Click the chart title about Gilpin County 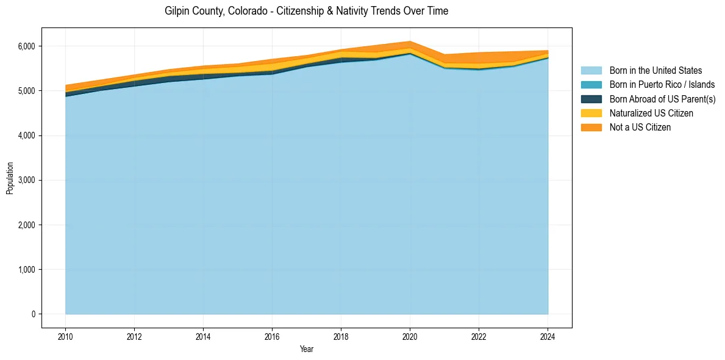click(306, 12)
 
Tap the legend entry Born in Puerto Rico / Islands click(662, 85)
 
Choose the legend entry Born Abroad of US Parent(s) click(662, 99)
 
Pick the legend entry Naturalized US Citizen click(651, 113)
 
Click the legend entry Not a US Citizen click(640, 128)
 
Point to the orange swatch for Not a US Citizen click(591, 128)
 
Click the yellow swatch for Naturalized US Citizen click(591, 113)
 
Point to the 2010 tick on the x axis click(65, 336)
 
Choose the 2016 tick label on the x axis click(272, 336)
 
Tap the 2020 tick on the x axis click(410, 336)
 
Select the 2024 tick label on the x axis click(548, 336)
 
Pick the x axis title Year click(307, 349)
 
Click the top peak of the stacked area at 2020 click(410, 41)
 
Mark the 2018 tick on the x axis click(341, 336)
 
